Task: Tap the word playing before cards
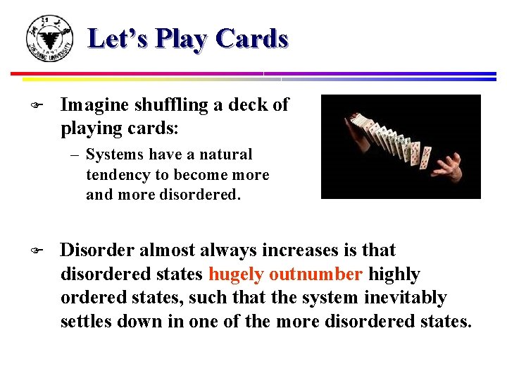click(88, 129)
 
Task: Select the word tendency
click(117, 174)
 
